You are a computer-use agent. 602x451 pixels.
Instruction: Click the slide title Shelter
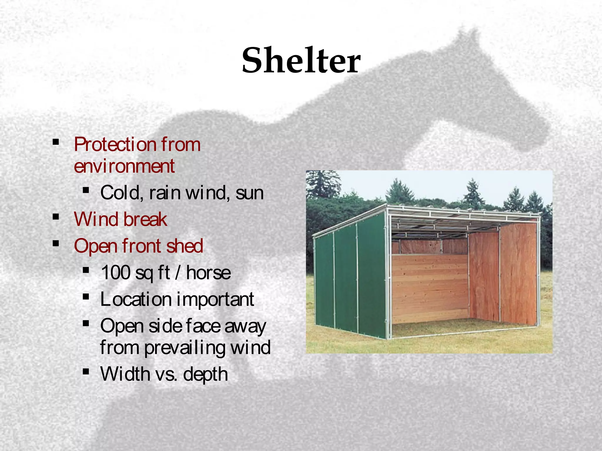pos(301,60)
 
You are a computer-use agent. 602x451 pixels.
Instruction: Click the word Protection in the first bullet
pos(115,144)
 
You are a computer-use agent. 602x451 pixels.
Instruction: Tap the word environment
pos(124,166)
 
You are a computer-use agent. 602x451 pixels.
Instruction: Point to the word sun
pos(249,193)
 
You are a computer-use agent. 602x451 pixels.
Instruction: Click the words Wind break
pos(121,219)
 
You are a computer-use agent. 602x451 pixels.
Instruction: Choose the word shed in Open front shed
pos(185,246)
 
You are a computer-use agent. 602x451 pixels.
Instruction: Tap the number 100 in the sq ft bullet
pos(116,272)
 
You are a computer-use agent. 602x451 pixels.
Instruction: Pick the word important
pos(215,299)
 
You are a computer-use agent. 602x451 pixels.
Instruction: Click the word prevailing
pos(185,348)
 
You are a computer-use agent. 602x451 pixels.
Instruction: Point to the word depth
pos(205,374)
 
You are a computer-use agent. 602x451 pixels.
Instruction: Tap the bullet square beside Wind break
pos(56,217)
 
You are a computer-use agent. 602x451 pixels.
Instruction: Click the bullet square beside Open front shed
pos(56,244)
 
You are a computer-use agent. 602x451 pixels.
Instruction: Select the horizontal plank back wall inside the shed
pos(429,288)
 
